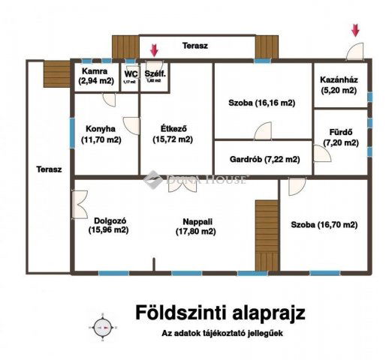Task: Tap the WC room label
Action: pos(131,76)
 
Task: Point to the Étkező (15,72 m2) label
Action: pos(173,133)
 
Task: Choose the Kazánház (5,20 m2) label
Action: pos(340,84)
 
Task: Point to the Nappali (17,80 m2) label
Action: pos(199,226)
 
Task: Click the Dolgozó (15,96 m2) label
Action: pos(109,225)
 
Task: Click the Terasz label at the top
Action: pos(195,46)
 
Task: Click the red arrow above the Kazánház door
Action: pos(355,31)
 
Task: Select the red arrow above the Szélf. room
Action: pos(154,50)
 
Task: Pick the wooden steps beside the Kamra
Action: pos(56,73)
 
